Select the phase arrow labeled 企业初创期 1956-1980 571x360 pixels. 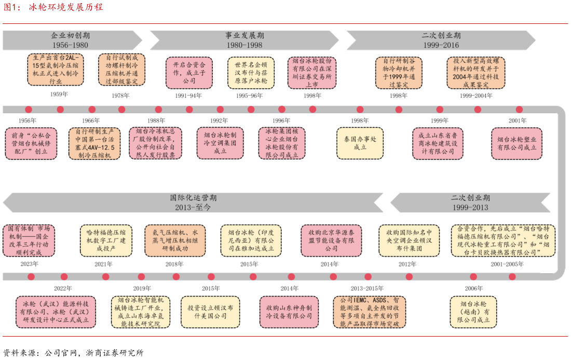(70, 40)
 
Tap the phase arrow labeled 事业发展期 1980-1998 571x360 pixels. (244, 40)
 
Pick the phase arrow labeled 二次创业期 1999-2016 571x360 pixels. (441, 40)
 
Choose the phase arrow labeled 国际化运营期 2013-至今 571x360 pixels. (192, 202)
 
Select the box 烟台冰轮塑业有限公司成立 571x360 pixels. (516, 143)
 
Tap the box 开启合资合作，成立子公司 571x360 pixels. (189, 73)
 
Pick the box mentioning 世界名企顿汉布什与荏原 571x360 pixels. (251, 73)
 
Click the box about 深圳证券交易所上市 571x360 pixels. (312, 72)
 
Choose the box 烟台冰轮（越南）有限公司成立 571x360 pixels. (473, 312)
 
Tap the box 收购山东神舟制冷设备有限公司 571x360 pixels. (289, 312)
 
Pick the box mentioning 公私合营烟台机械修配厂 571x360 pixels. (30, 143)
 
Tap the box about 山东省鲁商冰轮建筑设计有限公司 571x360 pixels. (438, 143)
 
